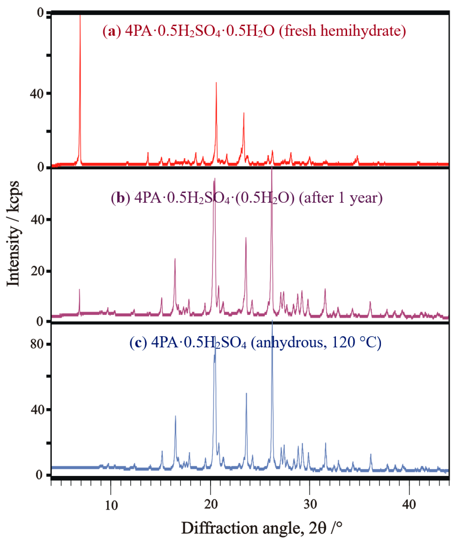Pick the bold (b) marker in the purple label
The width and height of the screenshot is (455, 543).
point(120,198)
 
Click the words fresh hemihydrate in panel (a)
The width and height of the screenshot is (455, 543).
point(342,31)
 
